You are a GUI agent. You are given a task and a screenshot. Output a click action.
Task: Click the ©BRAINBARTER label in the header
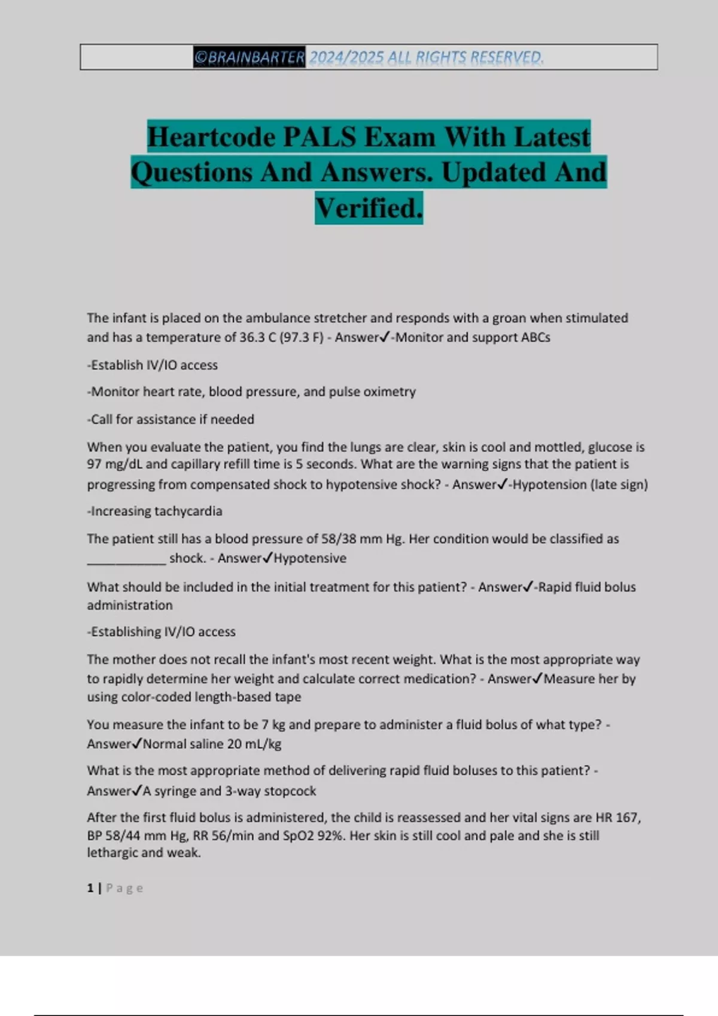tap(249, 57)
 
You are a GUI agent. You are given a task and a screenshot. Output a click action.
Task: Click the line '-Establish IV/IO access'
tap(153, 365)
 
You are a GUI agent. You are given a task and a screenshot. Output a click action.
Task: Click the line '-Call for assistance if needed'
tap(171, 420)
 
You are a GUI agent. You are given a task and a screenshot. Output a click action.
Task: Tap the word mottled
tap(558, 447)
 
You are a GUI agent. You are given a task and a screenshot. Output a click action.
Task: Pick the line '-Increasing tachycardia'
tap(154, 512)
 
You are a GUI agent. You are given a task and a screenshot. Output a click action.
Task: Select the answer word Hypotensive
tap(310, 558)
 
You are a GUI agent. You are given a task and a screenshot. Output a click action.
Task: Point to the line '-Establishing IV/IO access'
tap(162, 632)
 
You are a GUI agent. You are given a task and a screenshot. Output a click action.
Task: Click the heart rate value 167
tap(626, 818)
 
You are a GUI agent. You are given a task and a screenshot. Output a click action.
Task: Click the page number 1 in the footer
tap(90, 888)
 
